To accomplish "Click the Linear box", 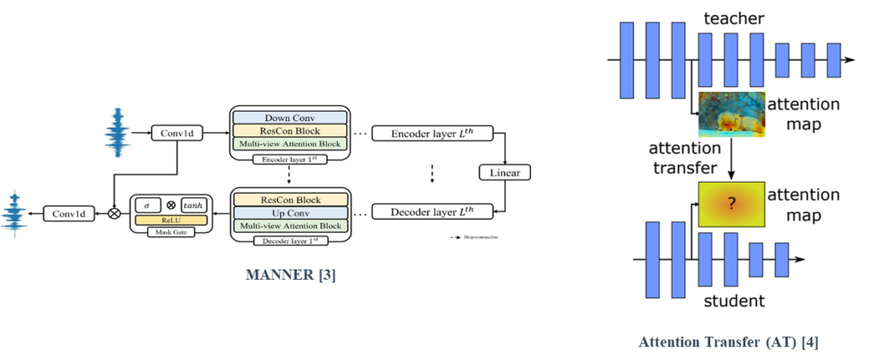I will point(505,171).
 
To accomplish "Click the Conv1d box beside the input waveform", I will point(174,133).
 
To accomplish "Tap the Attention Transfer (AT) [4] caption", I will point(729,343).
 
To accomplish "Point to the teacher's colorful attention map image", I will point(730,114).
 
